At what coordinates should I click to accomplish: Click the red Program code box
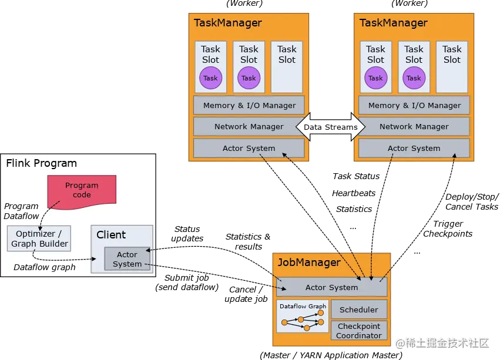(82, 190)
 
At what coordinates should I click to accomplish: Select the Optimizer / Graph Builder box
(39, 239)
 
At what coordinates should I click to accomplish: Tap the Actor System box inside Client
(127, 259)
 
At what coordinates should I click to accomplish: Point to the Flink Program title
(41, 163)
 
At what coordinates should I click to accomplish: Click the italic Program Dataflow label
(21, 211)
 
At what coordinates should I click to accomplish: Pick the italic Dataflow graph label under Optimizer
(45, 267)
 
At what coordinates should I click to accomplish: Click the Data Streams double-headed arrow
(330, 127)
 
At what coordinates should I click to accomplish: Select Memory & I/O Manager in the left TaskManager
(249, 106)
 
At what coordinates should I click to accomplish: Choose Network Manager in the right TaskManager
(414, 126)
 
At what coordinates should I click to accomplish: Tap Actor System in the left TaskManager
(249, 148)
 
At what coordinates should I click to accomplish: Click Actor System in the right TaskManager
(414, 148)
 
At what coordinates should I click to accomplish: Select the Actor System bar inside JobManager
(331, 287)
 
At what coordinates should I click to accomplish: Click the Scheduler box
(358, 309)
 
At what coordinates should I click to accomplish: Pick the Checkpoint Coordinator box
(358, 331)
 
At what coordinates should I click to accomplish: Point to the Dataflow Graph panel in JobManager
(303, 317)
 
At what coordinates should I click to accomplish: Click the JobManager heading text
(308, 263)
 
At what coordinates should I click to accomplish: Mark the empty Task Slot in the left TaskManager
(287, 66)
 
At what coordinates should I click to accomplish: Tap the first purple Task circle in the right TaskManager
(375, 78)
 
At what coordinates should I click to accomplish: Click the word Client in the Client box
(111, 235)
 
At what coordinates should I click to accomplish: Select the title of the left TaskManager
(228, 23)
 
